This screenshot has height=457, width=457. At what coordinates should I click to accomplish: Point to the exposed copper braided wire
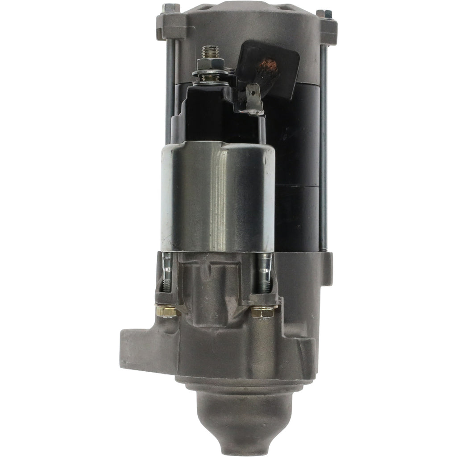270,68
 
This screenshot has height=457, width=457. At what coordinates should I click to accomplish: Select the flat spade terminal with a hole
253,99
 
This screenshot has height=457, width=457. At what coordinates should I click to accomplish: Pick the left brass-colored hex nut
168,311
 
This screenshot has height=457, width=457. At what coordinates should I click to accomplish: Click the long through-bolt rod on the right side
323,147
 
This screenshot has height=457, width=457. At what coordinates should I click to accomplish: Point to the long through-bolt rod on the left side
170,89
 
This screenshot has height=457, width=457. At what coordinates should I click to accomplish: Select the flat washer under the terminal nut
209,72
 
